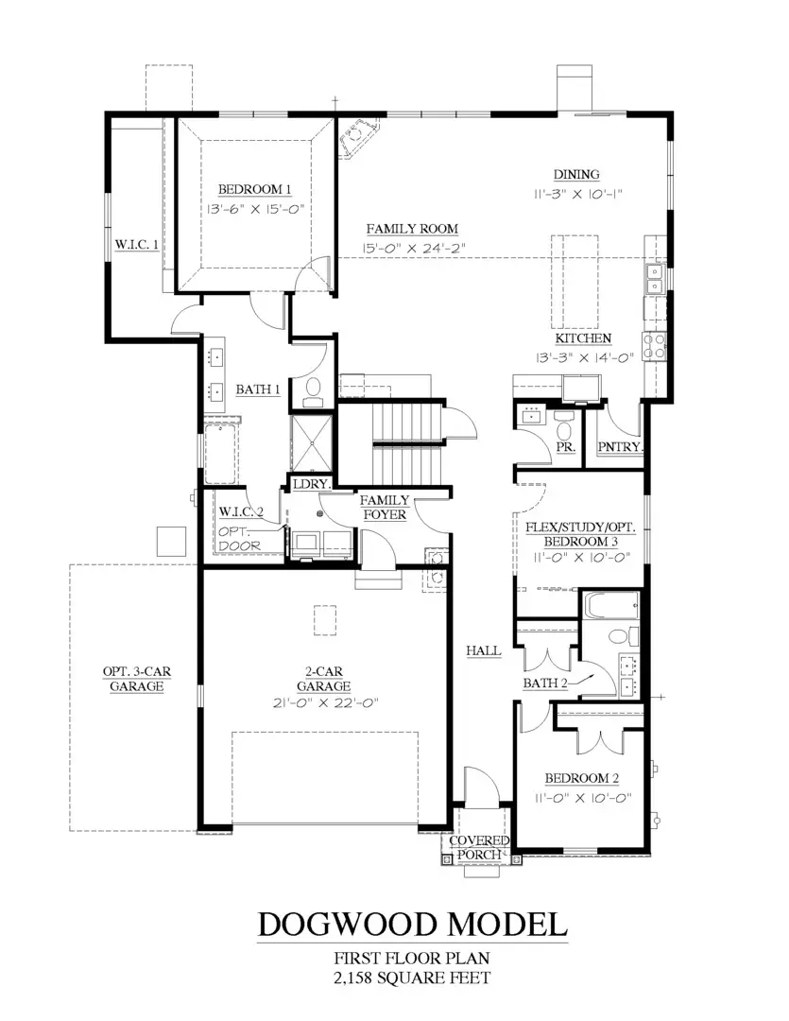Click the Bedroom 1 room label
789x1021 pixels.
[254, 187]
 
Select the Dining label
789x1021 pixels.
[576, 173]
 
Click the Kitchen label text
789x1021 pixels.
[582, 338]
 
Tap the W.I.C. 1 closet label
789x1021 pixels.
[136, 244]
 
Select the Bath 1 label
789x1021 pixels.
[258, 389]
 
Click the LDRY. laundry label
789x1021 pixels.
[310, 483]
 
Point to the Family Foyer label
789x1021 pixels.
[385, 507]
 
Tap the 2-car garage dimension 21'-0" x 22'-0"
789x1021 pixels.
[324, 702]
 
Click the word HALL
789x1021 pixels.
[482, 651]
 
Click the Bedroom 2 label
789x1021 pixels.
[581, 778]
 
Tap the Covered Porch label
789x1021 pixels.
[479, 847]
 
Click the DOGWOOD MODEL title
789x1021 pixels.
[413, 923]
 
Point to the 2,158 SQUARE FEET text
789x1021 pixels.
[412, 978]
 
